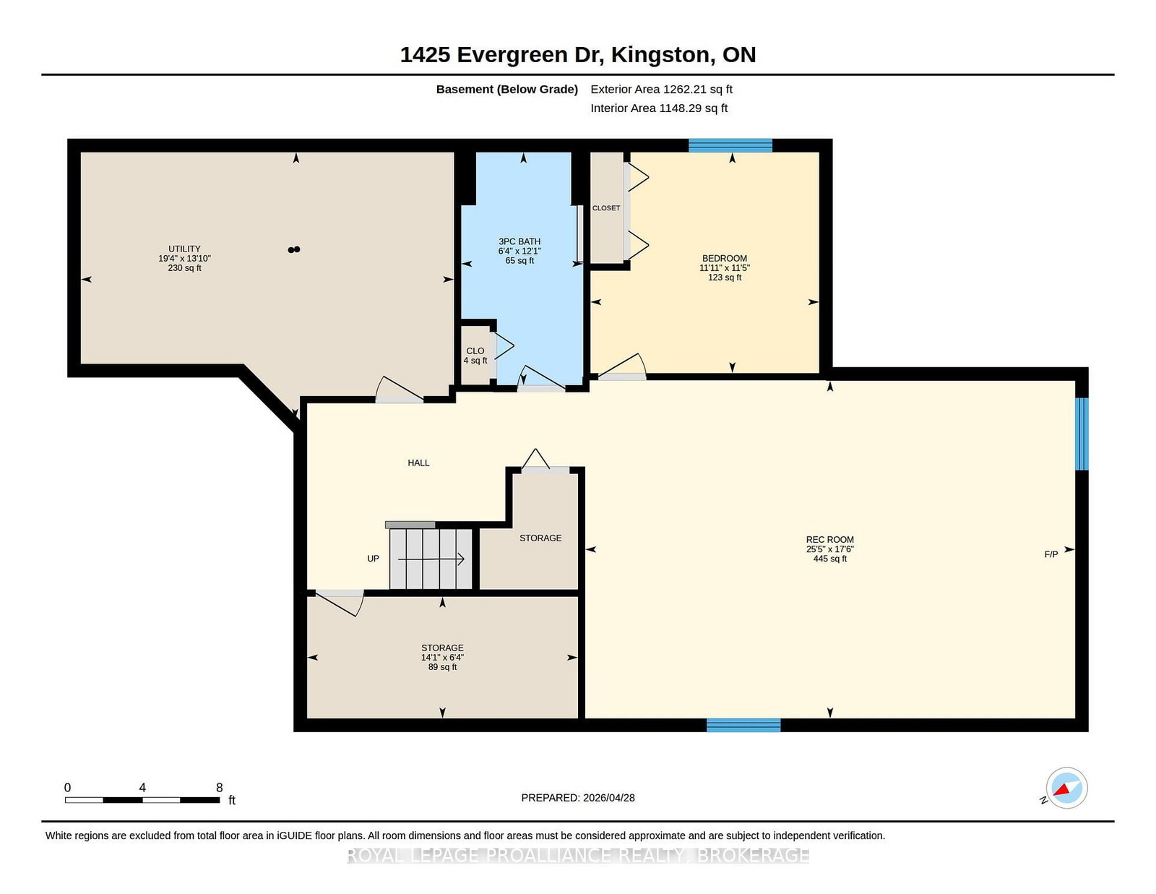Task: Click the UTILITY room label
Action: pyautogui.click(x=184, y=249)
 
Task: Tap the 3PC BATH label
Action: pyautogui.click(x=519, y=241)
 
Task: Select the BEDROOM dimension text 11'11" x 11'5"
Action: pyautogui.click(x=724, y=267)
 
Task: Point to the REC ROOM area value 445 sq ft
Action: pyautogui.click(x=829, y=559)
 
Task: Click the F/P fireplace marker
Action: pyautogui.click(x=1051, y=554)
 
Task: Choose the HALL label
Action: pyautogui.click(x=418, y=463)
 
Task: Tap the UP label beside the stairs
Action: pyautogui.click(x=373, y=558)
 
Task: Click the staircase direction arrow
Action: pyautogui.click(x=431, y=559)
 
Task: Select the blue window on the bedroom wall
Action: pyautogui.click(x=730, y=145)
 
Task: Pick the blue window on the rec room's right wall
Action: pyautogui.click(x=1082, y=434)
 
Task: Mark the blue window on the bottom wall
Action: pyautogui.click(x=743, y=725)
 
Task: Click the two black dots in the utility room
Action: pyautogui.click(x=293, y=249)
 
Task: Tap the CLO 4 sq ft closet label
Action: pyautogui.click(x=475, y=356)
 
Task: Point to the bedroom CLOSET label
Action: pyautogui.click(x=606, y=208)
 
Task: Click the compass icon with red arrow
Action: pyautogui.click(x=1066, y=788)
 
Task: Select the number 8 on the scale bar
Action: pyautogui.click(x=219, y=787)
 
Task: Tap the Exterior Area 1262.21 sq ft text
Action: pyautogui.click(x=661, y=90)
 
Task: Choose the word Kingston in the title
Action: pyautogui.click(x=660, y=55)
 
